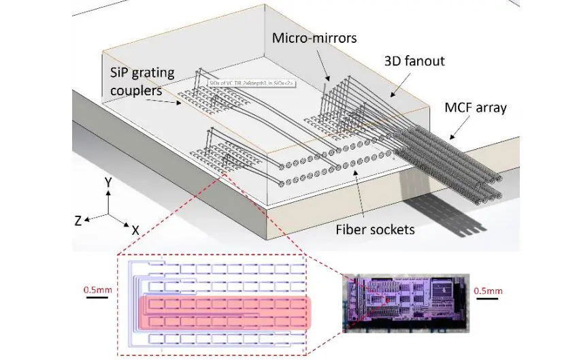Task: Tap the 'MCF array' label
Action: [x=476, y=108]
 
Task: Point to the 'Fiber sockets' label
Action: [x=375, y=229]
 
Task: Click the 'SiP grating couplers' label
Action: [x=144, y=80]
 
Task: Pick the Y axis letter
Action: [x=108, y=182]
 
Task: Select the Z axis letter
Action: [x=79, y=220]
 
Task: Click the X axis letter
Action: [x=136, y=230]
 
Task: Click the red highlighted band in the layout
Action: [x=225, y=312]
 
